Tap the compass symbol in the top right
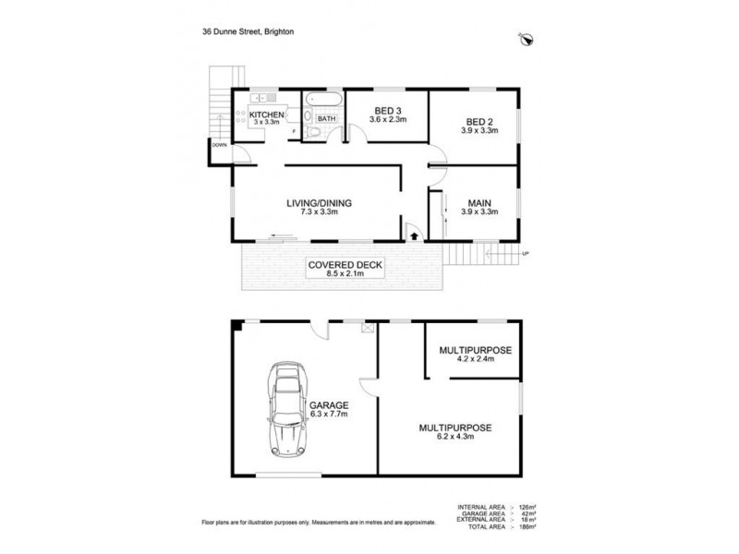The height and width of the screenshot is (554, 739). coord(528,38)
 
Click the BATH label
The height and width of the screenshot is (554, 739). coord(326,118)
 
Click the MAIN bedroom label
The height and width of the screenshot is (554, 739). coord(479,202)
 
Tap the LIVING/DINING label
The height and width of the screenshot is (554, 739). coord(319,203)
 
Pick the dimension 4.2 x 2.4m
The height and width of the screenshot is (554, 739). coord(474,361)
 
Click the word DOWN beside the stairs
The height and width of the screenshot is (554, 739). coord(219,145)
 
